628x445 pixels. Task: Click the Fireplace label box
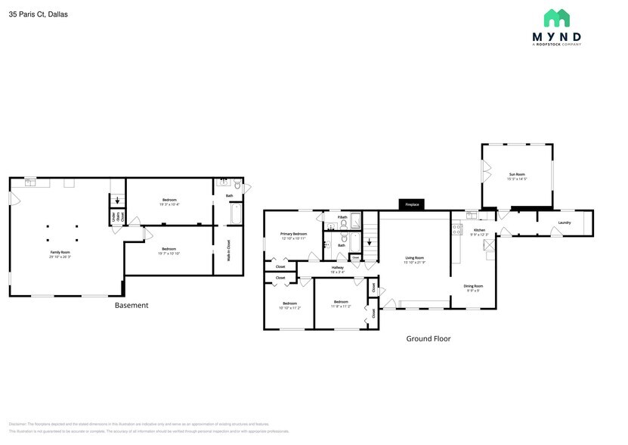tap(412, 204)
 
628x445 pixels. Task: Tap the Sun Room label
tap(518, 174)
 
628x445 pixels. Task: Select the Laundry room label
tap(564, 222)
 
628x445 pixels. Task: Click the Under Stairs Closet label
tap(116, 217)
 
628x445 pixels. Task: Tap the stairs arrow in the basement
tap(116, 201)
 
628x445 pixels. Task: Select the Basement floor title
tap(131, 306)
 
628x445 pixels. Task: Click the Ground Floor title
tap(428, 339)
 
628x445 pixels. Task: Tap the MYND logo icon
tap(557, 18)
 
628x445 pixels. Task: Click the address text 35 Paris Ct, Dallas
tap(39, 14)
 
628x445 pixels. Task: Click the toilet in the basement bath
tap(237, 185)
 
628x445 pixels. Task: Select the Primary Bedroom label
tap(293, 235)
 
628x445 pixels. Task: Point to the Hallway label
tap(337, 267)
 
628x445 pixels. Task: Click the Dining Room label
tap(473, 286)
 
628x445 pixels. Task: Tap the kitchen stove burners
tap(456, 228)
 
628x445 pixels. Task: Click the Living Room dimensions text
tap(414, 262)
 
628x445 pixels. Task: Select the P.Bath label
tap(342, 217)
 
